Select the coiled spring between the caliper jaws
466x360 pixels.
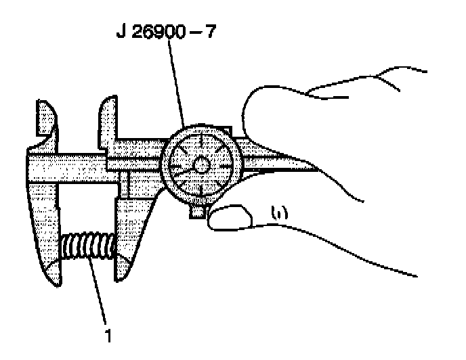[x=89, y=248]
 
